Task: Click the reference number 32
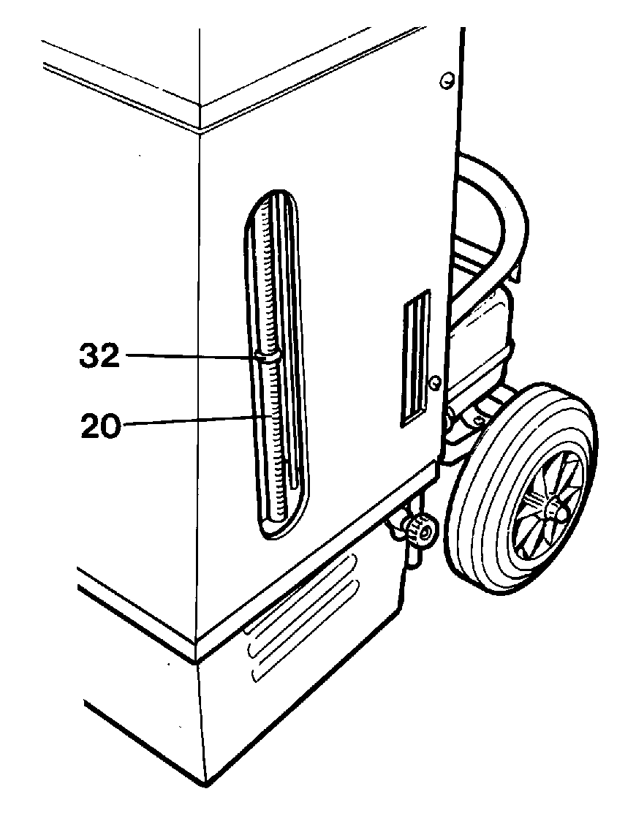[99, 357]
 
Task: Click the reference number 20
[100, 427]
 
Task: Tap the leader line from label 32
[191, 356]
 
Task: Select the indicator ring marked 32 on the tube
[268, 357]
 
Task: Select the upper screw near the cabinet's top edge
[447, 80]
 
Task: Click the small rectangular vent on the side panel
[415, 358]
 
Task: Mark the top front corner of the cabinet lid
[200, 106]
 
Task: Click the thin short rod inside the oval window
[287, 471]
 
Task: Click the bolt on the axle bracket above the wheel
[480, 418]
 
